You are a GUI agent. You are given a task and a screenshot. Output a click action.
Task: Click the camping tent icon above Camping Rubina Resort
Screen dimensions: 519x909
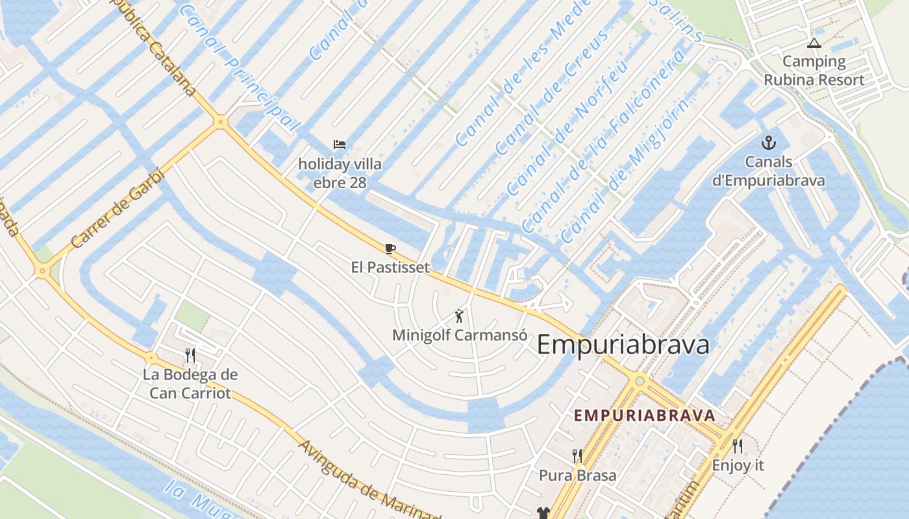tap(814, 43)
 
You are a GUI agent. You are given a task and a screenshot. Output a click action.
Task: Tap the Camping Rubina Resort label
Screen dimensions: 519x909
tap(814, 71)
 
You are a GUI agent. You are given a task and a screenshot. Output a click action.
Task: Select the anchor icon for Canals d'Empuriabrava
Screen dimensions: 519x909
tap(769, 143)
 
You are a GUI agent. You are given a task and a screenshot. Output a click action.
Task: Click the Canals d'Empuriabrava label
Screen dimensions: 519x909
tap(769, 171)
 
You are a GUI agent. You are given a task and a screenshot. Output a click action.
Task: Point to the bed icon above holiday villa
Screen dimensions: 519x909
tap(340, 145)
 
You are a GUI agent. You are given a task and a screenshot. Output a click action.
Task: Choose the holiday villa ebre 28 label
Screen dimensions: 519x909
tap(340, 173)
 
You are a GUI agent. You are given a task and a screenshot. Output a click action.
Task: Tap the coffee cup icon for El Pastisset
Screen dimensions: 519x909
tap(390, 248)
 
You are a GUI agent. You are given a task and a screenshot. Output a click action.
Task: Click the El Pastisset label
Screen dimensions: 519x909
tap(390, 267)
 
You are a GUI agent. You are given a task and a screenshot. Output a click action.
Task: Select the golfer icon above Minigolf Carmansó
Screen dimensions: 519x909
tap(460, 317)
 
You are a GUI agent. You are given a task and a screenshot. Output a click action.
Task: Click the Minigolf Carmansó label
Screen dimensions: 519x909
tap(460, 335)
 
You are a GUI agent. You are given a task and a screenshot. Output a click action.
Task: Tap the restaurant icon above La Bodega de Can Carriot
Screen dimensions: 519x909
tap(190, 355)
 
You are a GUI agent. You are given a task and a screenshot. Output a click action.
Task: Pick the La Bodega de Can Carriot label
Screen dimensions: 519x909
tap(190, 383)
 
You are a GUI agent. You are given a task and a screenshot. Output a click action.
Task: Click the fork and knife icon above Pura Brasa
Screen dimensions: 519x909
tap(577, 456)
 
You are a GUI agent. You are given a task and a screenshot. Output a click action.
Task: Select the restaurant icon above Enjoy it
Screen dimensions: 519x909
tap(738, 446)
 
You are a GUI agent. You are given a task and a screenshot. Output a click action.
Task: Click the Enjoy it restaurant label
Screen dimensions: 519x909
tap(738, 465)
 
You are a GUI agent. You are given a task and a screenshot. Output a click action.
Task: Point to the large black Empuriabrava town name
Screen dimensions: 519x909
tap(623, 344)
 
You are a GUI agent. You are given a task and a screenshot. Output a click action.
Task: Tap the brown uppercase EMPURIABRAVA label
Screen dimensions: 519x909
tap(645, 415)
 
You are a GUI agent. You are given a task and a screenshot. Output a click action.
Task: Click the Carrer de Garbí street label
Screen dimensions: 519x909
tap(118, 208)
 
